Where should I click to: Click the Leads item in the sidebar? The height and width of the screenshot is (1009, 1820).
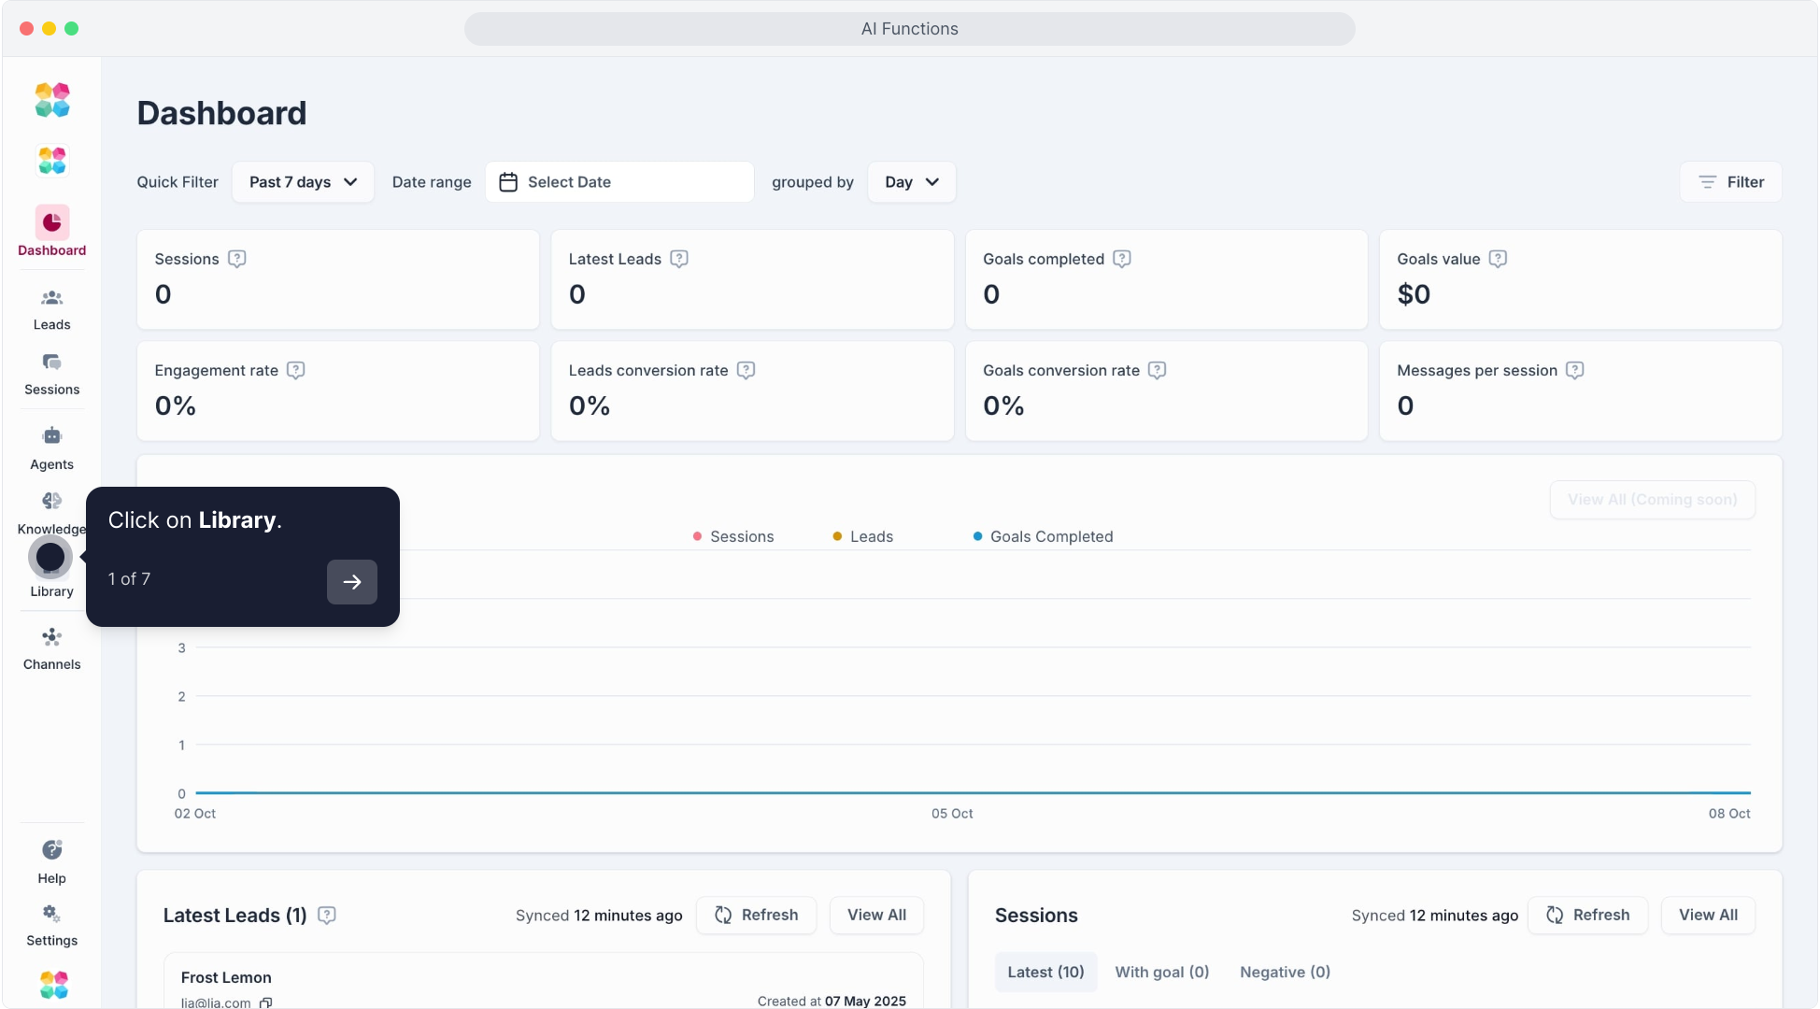tap(51, 309)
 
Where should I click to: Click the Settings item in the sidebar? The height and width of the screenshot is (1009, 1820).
tap(51, 925)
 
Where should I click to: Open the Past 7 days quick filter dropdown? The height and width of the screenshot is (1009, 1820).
tap(303, 182)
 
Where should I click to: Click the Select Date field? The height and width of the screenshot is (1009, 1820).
tap(619, 182)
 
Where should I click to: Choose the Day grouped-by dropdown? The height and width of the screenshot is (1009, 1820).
tap(911, 182)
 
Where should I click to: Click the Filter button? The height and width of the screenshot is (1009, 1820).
tap(1730, 182)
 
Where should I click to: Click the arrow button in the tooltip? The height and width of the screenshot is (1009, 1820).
tap(352, 582)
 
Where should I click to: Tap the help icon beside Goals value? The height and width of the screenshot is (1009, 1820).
tap(1498, 259)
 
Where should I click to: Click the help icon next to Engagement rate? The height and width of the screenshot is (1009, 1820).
tap(296, 370)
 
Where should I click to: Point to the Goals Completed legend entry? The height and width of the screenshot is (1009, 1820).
tap(1043, 536)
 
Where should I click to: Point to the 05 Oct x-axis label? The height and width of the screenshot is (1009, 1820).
tap(952, 814)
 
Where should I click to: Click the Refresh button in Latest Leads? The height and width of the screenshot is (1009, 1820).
tap(756, 916)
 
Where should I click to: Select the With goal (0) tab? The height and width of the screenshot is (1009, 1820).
tap(1161, 973)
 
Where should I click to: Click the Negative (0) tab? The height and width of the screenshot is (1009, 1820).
tap(1285, 973)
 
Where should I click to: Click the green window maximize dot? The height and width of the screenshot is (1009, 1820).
tap(72, 29)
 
